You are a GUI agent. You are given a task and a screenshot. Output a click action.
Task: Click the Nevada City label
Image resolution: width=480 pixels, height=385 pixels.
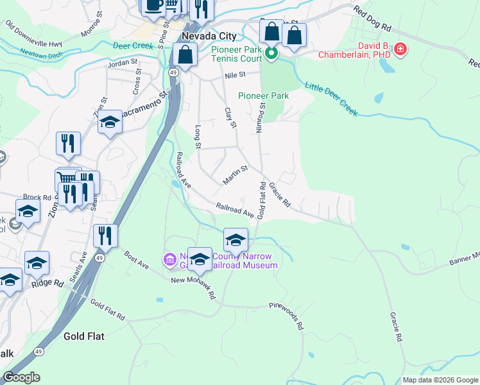click(209, 37)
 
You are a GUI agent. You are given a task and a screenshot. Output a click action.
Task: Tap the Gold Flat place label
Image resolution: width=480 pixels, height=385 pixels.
click(83, 336)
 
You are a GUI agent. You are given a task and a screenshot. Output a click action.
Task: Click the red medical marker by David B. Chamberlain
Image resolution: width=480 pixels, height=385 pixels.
click(400, 49)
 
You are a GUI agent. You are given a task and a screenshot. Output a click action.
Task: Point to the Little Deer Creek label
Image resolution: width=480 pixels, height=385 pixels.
click(331, 98)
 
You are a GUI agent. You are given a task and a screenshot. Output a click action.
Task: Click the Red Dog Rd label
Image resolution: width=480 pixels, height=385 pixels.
click(372, 19)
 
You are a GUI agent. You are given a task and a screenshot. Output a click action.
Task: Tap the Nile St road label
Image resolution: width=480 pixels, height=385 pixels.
click(236, 75)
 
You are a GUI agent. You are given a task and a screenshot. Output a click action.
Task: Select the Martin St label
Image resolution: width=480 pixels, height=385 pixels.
click(235, 175)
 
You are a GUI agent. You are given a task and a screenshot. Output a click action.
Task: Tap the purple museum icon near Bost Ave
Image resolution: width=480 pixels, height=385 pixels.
click(170, 259)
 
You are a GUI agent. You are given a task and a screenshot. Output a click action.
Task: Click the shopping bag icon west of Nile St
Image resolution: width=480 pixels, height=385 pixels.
click(185, 56)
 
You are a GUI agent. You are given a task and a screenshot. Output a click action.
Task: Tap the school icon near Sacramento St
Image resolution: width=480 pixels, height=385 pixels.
click(110, 124)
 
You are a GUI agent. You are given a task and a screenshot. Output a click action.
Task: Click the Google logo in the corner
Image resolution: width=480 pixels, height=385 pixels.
click(21, 377)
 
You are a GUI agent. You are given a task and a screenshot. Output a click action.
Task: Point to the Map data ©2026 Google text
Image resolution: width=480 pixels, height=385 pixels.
click(440, 380)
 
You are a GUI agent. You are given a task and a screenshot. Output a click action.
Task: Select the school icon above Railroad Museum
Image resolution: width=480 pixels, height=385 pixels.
click(236, 240)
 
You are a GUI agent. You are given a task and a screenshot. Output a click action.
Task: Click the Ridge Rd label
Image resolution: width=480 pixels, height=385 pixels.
click(47, 282)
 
